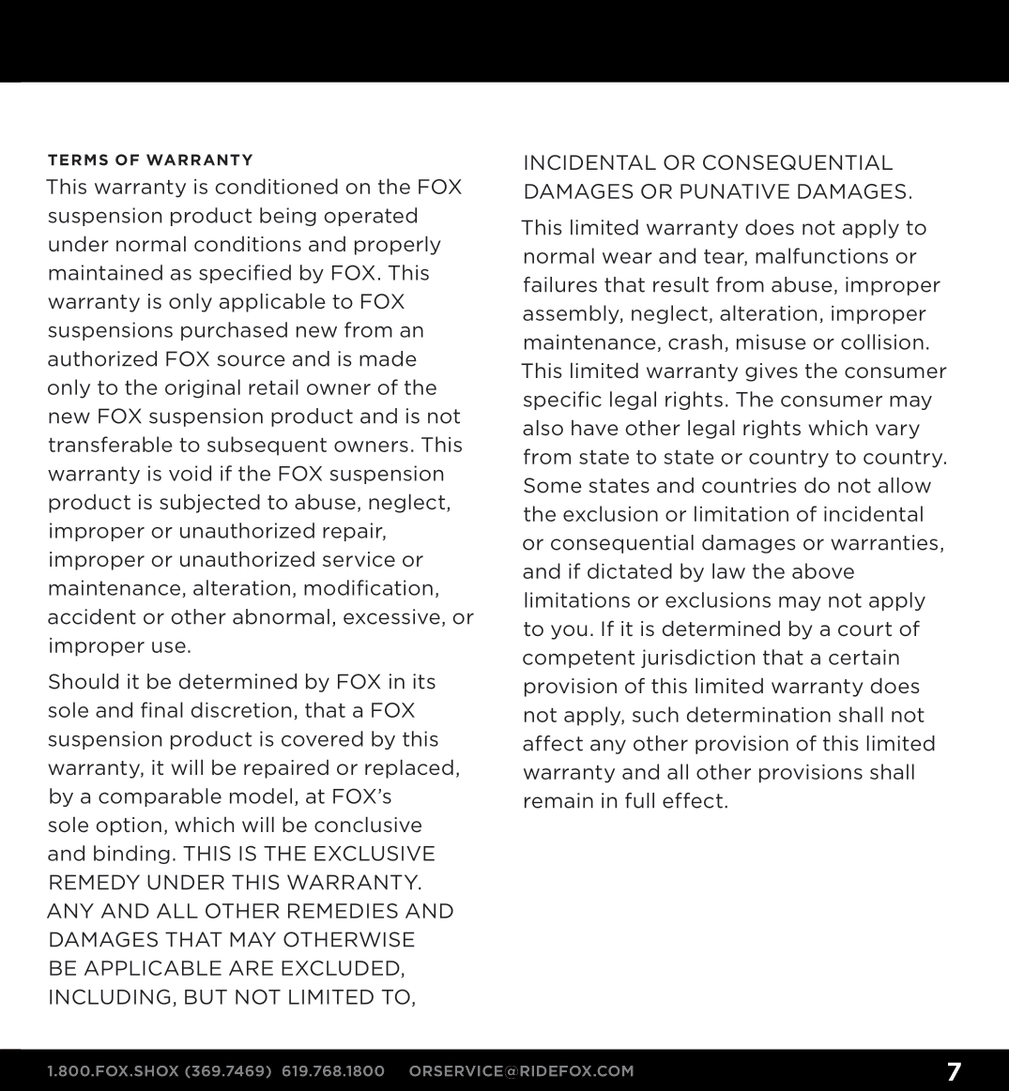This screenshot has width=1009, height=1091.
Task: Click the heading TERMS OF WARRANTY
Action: pos(150,159)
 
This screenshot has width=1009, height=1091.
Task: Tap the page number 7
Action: pos(954,1071)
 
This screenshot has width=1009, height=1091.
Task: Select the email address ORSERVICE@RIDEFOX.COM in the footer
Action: pos(522,1071)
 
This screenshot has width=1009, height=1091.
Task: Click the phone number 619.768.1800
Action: pos(333,1071)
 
